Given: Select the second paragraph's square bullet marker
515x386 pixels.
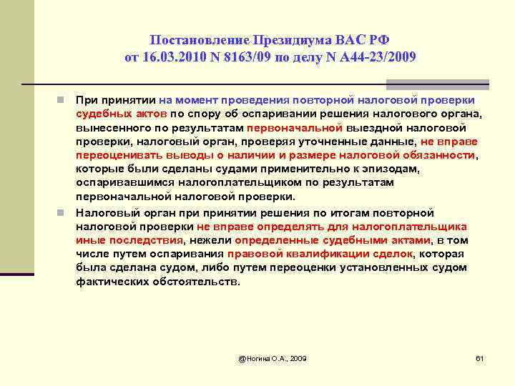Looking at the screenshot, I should coord(64,212).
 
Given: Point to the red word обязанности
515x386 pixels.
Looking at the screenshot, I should coord(437,155).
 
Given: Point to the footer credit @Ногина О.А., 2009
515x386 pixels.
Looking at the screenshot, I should coord(272,357).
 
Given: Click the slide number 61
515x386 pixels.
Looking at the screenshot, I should coord(480,357).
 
